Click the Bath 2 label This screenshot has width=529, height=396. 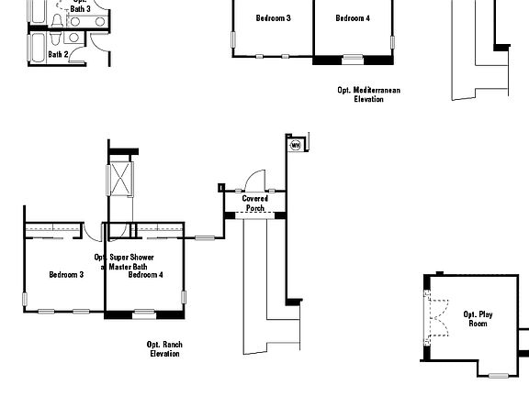click(58, 55)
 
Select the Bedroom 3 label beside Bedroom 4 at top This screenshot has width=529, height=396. click(273, 18)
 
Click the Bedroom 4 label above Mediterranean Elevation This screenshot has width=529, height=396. click(353, 18)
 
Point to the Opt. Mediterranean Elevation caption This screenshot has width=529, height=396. click(368, 94)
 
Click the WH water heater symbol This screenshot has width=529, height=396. click(296, 145)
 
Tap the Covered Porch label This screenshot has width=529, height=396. click(254, 203)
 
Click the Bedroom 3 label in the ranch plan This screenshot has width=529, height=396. click(66, 274)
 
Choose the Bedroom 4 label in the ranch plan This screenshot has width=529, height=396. click(146, 274)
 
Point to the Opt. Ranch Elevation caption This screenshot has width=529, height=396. click(164, 349)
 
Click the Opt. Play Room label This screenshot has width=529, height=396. click(478, 318)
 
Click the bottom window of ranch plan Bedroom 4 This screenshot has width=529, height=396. click(145, 315)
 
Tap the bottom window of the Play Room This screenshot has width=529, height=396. click(498, 375)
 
